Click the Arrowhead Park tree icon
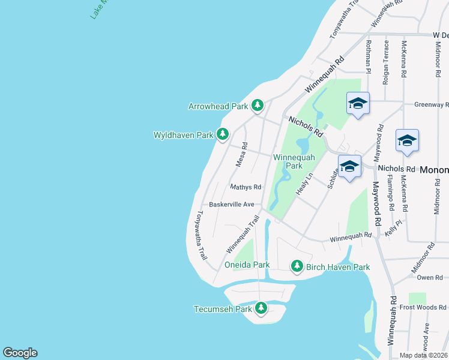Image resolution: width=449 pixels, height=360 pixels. click(x=258, y=106)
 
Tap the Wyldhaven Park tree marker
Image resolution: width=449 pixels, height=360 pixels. click(x=223, y=134)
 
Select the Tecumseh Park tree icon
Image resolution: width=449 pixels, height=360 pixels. click(x=261, y=308)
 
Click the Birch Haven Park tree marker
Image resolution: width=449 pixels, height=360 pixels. click(x=296, y=266)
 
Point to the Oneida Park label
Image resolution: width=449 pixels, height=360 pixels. click(x=247, y=265)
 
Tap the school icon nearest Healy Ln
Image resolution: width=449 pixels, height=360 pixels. click(x=349, y=167)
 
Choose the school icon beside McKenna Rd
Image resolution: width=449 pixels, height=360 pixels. click(x=407, y=140)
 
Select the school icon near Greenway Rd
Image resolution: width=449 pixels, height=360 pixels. click(x=358, y=104)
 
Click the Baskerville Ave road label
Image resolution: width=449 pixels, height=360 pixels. click(x=232, y=204)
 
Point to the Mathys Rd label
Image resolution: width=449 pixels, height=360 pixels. click(x=246, y=187)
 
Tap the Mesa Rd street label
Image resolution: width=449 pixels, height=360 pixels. click(x=241, y=154)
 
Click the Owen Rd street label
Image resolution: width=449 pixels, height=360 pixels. click(x=430, y=277)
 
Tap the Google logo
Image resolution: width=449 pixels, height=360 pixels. click(x=20, y=353)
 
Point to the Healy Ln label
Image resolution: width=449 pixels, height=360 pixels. click(x=306, y=183)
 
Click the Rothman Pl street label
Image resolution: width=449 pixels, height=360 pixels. click(x=369, y=57)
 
